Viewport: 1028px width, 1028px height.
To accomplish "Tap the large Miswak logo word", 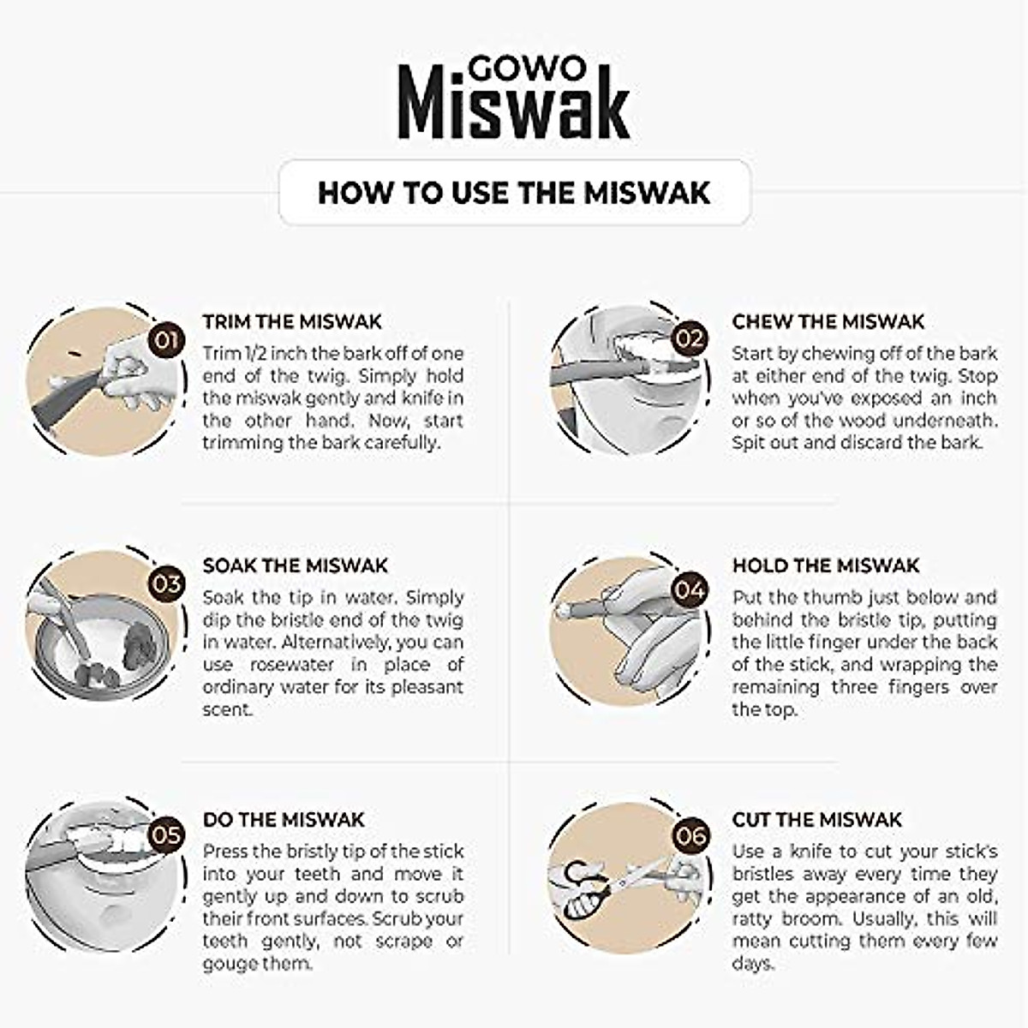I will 513,106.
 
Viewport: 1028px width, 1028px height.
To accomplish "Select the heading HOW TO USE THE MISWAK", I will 514,192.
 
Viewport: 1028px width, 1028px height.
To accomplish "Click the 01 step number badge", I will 166,340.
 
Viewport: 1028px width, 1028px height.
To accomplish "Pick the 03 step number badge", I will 166,584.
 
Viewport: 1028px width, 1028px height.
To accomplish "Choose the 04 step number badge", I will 690,589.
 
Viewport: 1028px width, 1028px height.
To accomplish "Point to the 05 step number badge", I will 166,834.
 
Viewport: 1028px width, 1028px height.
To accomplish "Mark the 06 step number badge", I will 691,835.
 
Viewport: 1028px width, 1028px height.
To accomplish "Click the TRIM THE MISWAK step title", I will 292,322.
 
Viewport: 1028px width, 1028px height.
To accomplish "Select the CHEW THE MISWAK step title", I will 828,322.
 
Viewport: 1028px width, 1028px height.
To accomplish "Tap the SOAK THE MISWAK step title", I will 296,566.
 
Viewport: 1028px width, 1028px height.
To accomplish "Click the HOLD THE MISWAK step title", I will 825,566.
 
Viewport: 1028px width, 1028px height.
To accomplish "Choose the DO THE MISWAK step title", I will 284,820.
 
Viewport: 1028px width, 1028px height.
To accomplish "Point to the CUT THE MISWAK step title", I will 816,820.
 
